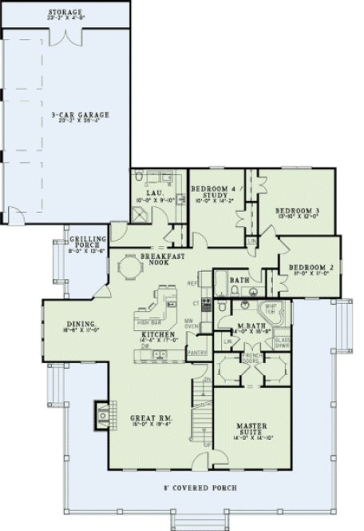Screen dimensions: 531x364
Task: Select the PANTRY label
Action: pyautogui.click(x=196, y=352)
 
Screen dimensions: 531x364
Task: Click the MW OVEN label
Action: pyautogui.click(x=191, y=325)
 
